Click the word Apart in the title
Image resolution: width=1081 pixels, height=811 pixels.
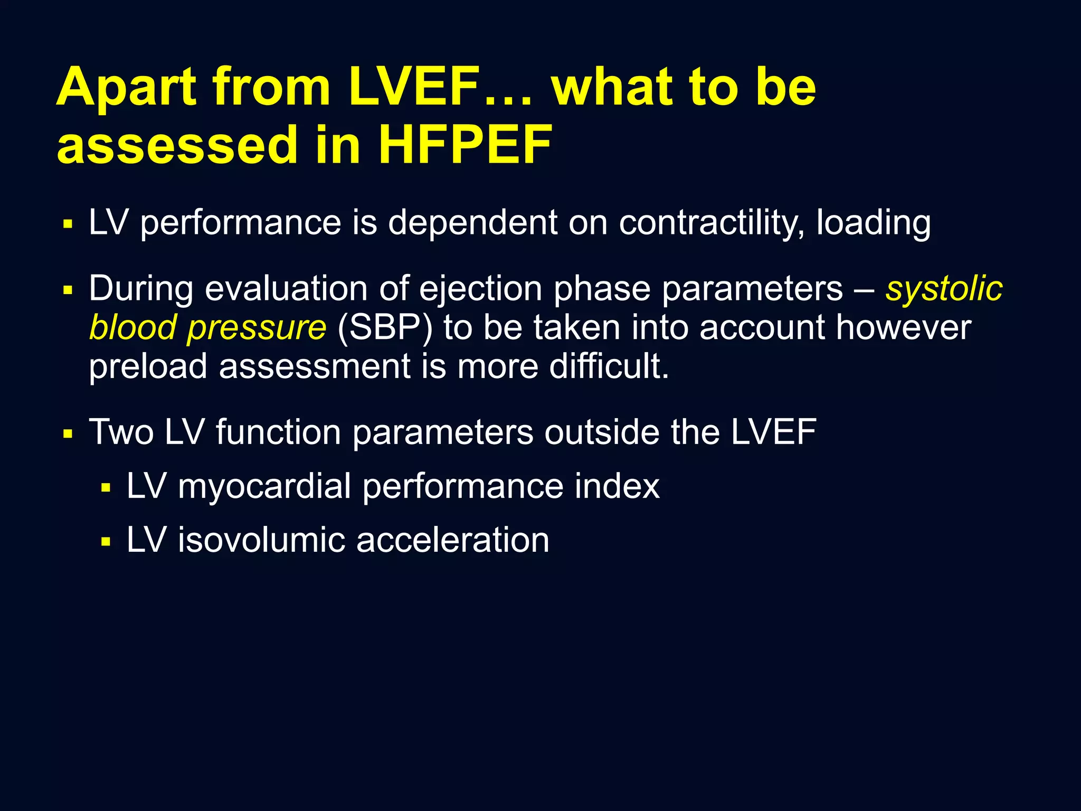click(x=127, y=87)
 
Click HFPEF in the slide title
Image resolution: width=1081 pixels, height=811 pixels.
click(x=464, y=145)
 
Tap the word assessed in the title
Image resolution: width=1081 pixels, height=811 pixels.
click(x=177, y=145)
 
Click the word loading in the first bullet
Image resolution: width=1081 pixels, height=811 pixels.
click(x=874, y=222)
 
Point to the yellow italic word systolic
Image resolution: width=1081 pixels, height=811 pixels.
click(x=944, y=289)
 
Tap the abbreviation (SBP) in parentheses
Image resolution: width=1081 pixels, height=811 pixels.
click(x=384, y=327)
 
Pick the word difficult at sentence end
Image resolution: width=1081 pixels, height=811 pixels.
click(x=608, y=366)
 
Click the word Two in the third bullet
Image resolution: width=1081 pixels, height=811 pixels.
click(x=121, y=432)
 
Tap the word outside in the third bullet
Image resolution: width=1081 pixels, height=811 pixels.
click(x=602, y=432)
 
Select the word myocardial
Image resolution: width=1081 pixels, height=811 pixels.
click(x=264, y=486)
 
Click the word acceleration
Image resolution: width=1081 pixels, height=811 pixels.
click(x=452, y=540)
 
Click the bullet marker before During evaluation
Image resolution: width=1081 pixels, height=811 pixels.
click(x=67, y=290)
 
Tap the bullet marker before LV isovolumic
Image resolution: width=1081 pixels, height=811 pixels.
click(x=106, y=542)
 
